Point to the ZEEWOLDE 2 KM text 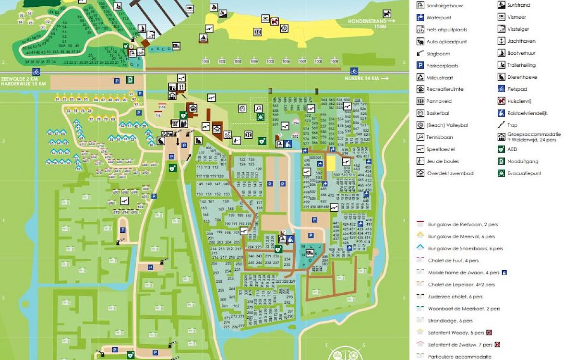coord(19,78)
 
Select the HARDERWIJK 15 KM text coord(23,84)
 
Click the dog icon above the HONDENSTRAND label coord(386,13)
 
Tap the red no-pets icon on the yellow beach coord(274,21)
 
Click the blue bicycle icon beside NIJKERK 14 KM coord(354,71)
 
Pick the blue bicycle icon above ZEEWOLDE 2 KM coord(36,72)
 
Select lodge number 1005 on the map coord(270,61)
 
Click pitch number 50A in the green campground coord(61,45)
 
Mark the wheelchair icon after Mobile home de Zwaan coord(504,273)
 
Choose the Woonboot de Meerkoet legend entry coord(457,309)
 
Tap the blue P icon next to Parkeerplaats coord(420,65)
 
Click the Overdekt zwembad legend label coord(450,173)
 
